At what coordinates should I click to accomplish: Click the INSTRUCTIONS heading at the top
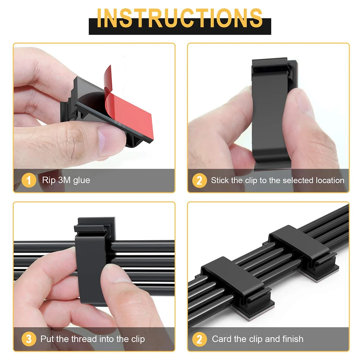pyautogui.click(x=180, y=18)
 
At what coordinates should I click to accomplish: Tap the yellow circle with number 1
pyautogui.click(x=29, y=180)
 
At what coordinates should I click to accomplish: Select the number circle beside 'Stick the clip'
pyautogui.click(x=199, y=180)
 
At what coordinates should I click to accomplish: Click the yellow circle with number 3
pyautogui.click(x=29, y=339)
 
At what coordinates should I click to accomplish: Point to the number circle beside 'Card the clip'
pyautogui.click(x=199, y=339)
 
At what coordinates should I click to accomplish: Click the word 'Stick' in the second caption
pyautogui.click(x=220, y=180)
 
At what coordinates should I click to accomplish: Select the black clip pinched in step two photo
pyautogui.click(x=270, y=112)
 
